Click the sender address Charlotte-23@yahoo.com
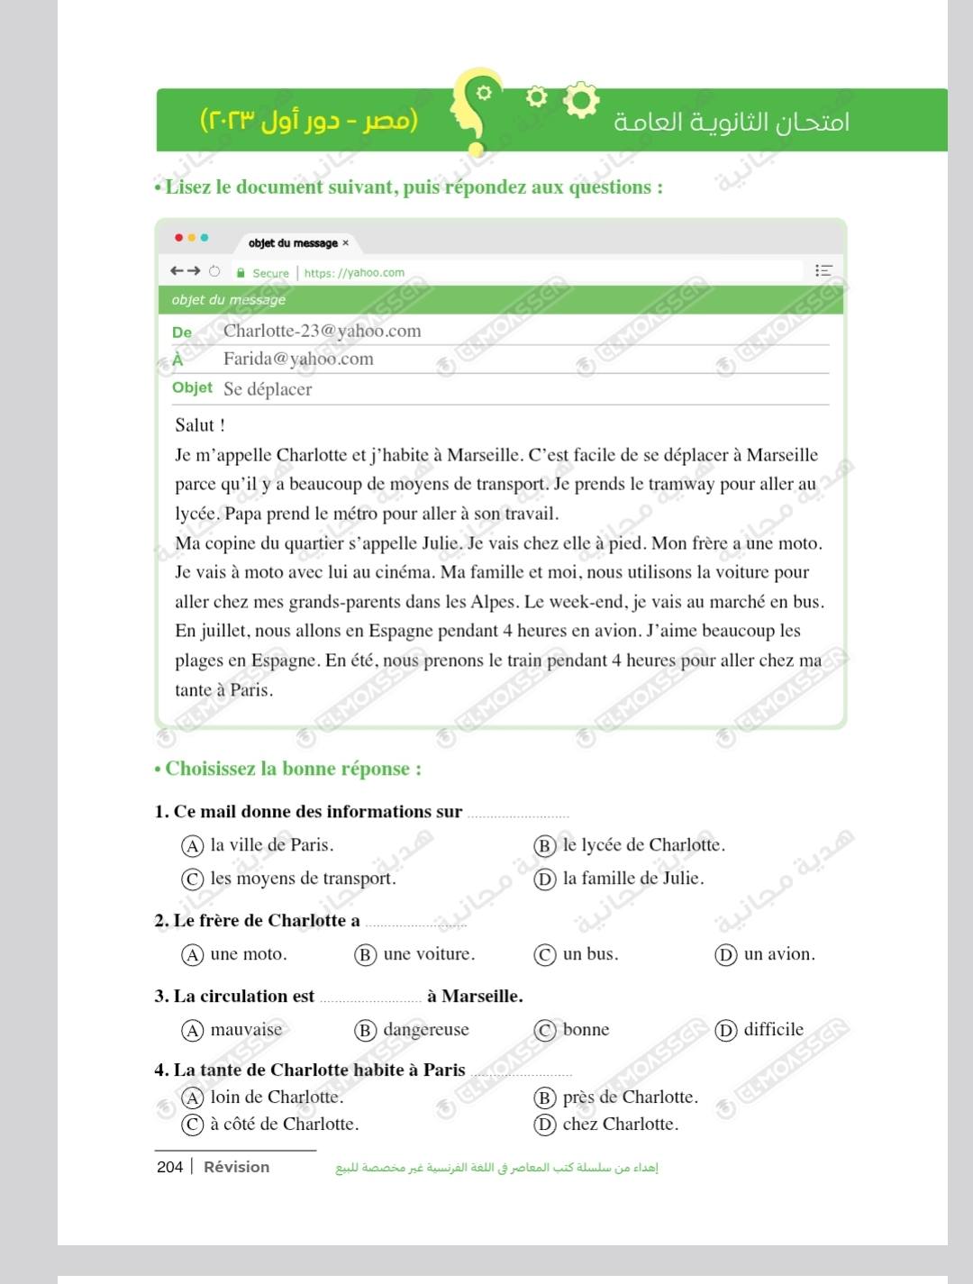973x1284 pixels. click(x=322, y=331)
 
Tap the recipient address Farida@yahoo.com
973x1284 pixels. click(x=298, y=359)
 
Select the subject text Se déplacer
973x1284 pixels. click(x=268, y=389)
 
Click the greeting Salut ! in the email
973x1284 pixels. click(x=200, y=425)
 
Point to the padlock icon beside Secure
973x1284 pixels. click(x=241, y=272)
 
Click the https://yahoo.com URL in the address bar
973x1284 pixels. click(x=354, y=272)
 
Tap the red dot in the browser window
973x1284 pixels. click(x=178, y=238)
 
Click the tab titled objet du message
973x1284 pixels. click(x=293, y=243)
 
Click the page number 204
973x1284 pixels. click(x=169, y=1167)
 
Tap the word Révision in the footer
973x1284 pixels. click(x=236, y=1167)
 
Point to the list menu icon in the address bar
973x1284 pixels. click(x=823, y=270)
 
